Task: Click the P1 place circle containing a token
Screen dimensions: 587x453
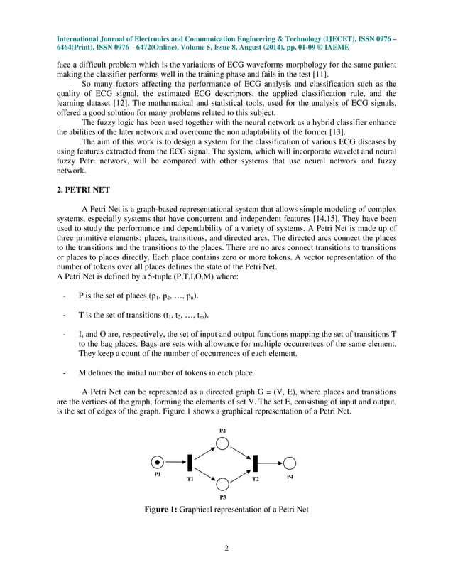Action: click(158, 463)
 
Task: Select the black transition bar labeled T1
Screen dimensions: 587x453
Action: click(190, 463)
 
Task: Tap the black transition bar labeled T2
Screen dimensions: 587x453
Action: click(255, 463)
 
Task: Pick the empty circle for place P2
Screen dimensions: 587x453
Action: click(222, 443)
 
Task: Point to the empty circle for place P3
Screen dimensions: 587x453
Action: click(222, 484)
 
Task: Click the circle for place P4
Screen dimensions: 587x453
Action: click(289, 463)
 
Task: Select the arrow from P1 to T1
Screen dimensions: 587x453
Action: click(175, 463)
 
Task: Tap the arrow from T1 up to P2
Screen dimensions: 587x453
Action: click(204, 453)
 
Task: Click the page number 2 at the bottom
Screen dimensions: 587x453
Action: click(226, 556)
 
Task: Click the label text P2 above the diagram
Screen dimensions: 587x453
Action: click(222, 431)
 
